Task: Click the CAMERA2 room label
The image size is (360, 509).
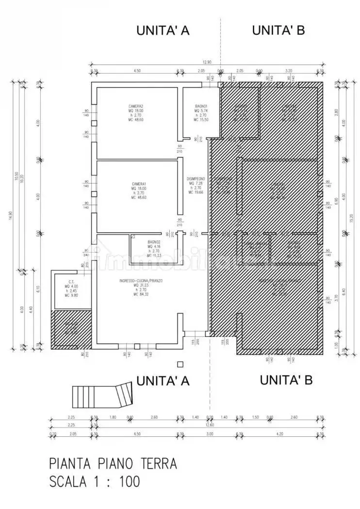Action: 135,106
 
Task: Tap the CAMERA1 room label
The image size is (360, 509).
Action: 139,184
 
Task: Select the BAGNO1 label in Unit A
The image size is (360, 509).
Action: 201,106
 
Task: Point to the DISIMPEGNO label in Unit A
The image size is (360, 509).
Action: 196,179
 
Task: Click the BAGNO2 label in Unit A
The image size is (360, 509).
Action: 154,241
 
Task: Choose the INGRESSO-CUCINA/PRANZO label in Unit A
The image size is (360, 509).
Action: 141,281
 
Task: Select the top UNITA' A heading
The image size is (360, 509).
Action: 163,31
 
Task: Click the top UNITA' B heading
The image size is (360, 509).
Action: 278,31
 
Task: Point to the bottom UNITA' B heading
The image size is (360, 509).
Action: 286,380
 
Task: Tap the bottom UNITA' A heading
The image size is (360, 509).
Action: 163,381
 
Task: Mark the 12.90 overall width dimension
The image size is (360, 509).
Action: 207,62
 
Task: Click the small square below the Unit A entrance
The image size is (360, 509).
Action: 180,364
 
